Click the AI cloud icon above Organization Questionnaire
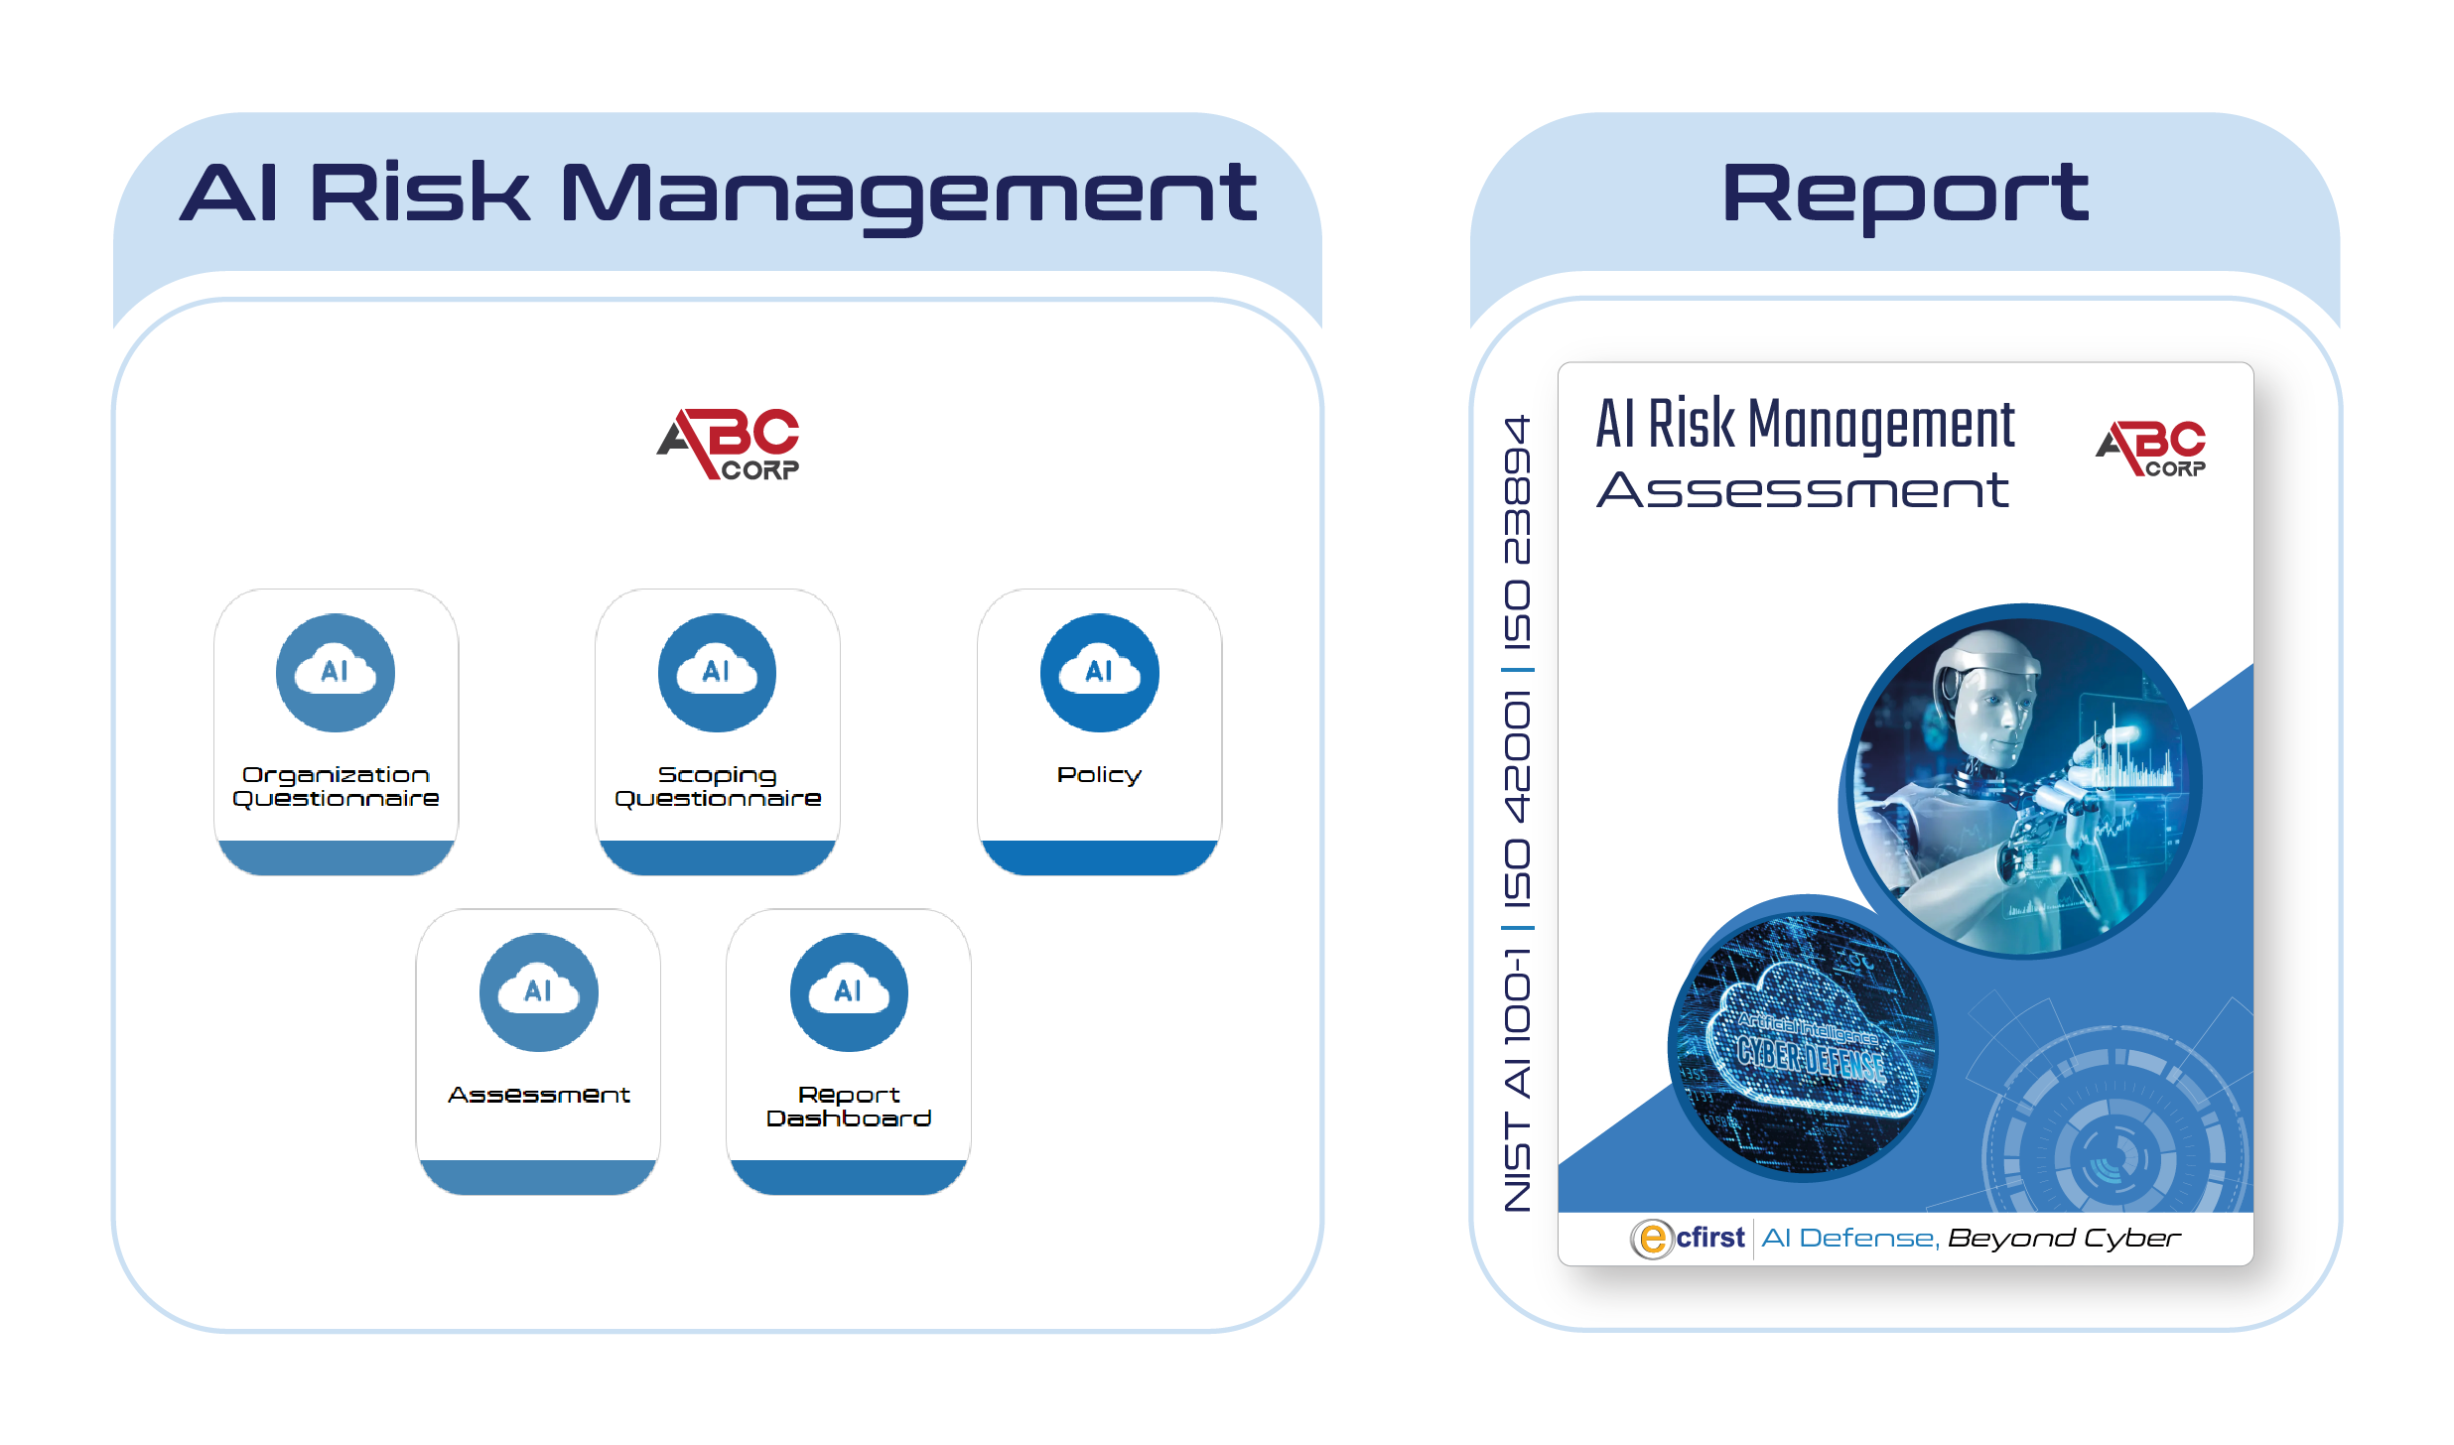(336, 673)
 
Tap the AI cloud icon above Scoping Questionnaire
(717, 673)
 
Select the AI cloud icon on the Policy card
(1099, 673)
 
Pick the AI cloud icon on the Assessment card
(538, 991)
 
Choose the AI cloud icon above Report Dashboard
(849, 991)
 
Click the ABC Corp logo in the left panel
(728, 444)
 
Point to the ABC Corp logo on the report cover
(2150, 449)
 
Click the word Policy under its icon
(1099, 775)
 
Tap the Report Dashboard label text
(849, 1107)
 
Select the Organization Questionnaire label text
(336, 787)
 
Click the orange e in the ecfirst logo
(1652, 1239)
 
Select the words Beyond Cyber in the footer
(2064, 1239)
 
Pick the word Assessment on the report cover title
(1803, 490)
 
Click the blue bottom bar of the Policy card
(1099, 857)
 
